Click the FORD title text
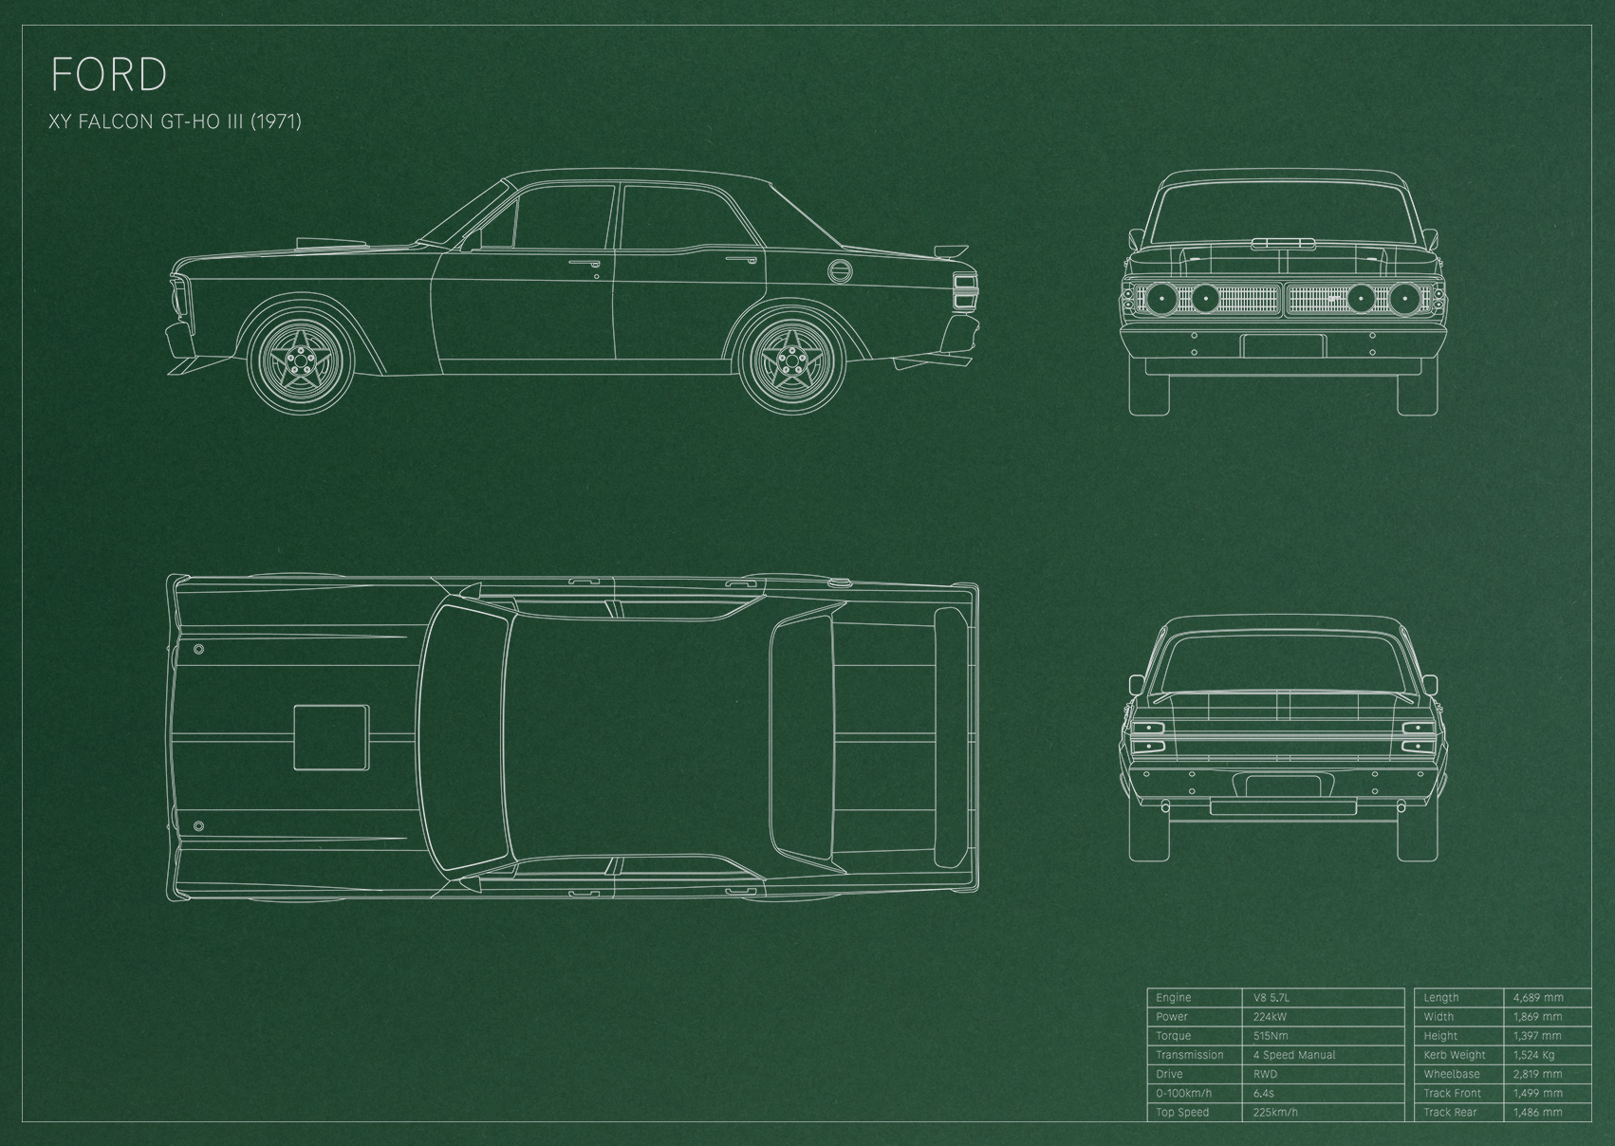coord(109,74)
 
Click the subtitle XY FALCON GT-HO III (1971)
coord(176,121)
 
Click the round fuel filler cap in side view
coord(839,271)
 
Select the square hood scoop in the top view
coord(331,737)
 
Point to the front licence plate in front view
coord(1283,345)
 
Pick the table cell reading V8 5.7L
coord(1272,997)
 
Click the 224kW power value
coord(1271,1017)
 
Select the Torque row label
coord(1174,1036)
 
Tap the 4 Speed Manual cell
coord(1294,1055)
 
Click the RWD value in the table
coord(1265,1074)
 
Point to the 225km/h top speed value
coord(1275,1112)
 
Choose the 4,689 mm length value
coord(1538,997)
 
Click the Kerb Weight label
coord(1455,1055)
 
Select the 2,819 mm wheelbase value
coord(1538,1074)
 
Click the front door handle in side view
coord(584,265)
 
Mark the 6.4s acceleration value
coord(1264,1094)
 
